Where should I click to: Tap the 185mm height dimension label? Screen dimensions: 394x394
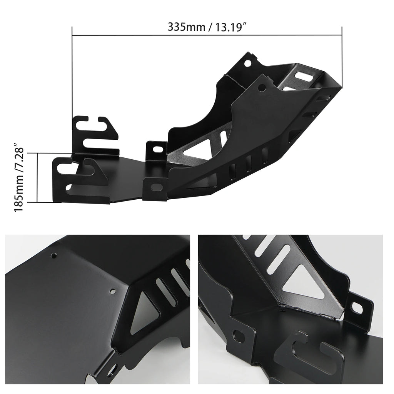(x=19, y=177)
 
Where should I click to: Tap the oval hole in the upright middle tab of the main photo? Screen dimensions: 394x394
(x=157, y=149)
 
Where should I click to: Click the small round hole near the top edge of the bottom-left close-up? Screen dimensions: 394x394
(x=55, y=255)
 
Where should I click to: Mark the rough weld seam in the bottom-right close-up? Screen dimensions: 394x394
(x=312, y=310)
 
